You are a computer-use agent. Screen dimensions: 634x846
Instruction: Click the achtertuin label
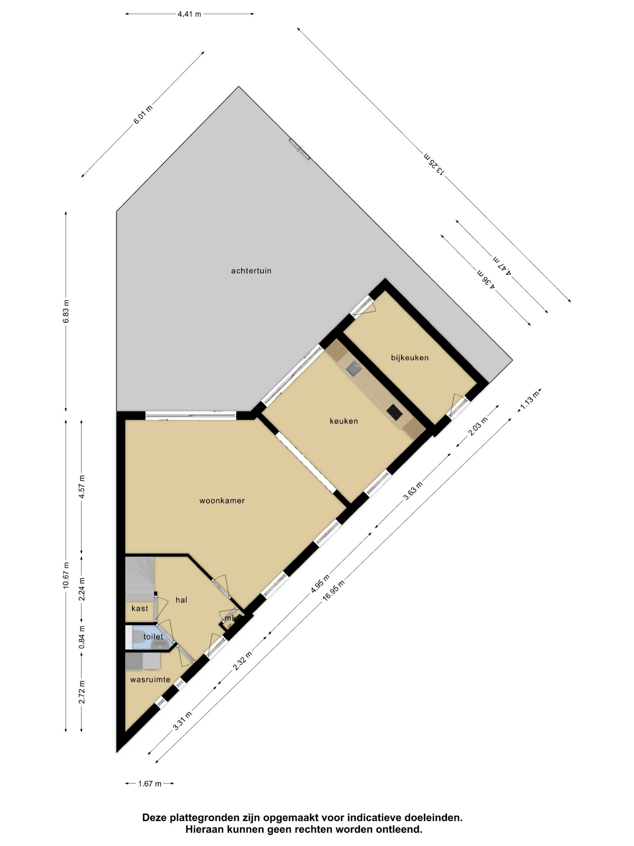pyautogui.click(x=251, y=271)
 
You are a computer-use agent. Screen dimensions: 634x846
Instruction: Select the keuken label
pyautogui.click(x=344, y=421)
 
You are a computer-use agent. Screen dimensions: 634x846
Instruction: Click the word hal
pyautogui.click(x=181, y=600)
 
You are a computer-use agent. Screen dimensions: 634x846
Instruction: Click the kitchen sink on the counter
pyautogui.click(x=352, y=369)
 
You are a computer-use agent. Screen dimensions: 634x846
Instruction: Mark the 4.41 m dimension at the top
pyautogui.click(x=189, y=14)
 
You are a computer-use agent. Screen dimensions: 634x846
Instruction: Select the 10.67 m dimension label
pyautogui.click(x=66, y=576)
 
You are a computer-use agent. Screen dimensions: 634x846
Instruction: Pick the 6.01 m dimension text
pyautogui.click(x=142, y=114)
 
